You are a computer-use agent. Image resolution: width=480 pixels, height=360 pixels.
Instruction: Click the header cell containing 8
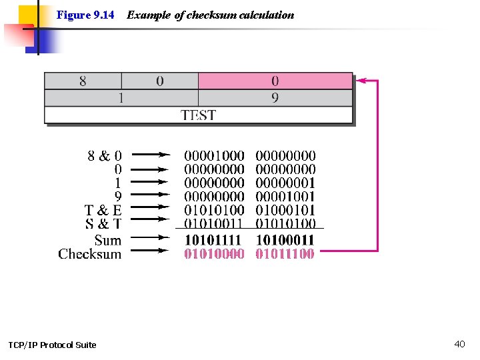(83, 81)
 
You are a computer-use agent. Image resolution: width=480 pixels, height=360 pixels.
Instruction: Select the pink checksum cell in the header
(275, 81)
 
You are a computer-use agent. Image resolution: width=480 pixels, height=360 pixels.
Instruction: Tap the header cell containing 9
(275, 98)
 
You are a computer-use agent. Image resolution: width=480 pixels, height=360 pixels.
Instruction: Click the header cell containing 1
(121, 98)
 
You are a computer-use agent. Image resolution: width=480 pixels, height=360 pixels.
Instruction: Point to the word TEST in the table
(198, 115)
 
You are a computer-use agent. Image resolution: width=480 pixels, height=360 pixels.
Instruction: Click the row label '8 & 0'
(105, 156)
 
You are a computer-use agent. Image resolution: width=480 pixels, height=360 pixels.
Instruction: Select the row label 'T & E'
(103, 211)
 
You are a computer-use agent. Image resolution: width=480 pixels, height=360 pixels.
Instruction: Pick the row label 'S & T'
(103, 224)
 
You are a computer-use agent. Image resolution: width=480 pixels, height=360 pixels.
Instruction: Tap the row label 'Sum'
(108, 240)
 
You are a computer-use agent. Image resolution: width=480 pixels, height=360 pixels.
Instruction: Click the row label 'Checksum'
(90, 253)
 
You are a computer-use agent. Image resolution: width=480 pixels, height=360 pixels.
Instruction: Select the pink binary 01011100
(285, 253)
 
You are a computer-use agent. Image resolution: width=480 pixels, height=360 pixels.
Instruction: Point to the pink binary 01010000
(214, 253)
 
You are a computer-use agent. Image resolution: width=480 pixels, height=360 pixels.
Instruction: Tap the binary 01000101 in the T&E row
(285, 211)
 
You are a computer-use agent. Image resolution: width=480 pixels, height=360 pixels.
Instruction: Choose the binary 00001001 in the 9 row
(285, 197)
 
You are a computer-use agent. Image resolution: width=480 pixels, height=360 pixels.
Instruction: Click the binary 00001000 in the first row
(214, 156)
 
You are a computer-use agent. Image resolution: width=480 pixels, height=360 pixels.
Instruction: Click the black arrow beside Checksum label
(153, 251)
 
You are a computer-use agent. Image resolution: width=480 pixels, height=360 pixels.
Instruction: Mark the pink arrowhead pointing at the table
(362, 81)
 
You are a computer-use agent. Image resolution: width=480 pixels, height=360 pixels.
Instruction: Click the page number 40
(459, 344)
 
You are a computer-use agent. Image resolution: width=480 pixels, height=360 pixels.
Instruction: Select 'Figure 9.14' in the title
(85, 15)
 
